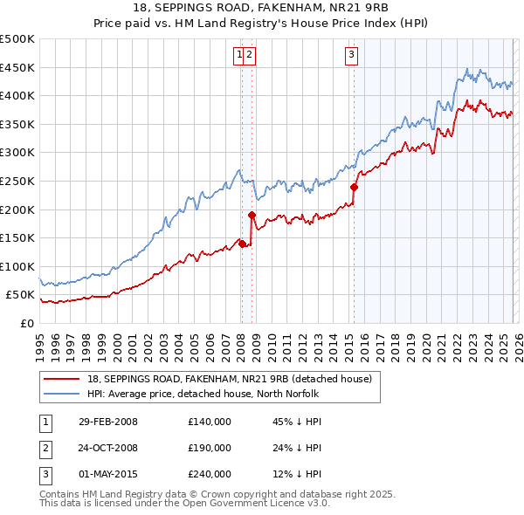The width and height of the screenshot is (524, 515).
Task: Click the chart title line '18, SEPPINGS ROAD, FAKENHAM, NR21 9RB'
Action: pyautogui.click(x=262, y=8)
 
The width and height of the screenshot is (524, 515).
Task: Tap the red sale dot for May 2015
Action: pyautogui.click(x=354, y=187)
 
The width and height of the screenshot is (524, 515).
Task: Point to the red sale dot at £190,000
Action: pyautogui.click(x=252, y=215)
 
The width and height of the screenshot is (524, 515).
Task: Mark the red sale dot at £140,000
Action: pyautogui.click(x=242, y=244)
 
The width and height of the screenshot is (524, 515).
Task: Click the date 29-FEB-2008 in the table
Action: pyautogui.click(x=107, y=422)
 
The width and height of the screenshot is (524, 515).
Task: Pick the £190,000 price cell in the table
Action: pyautogui.click(x=209, y=448)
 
